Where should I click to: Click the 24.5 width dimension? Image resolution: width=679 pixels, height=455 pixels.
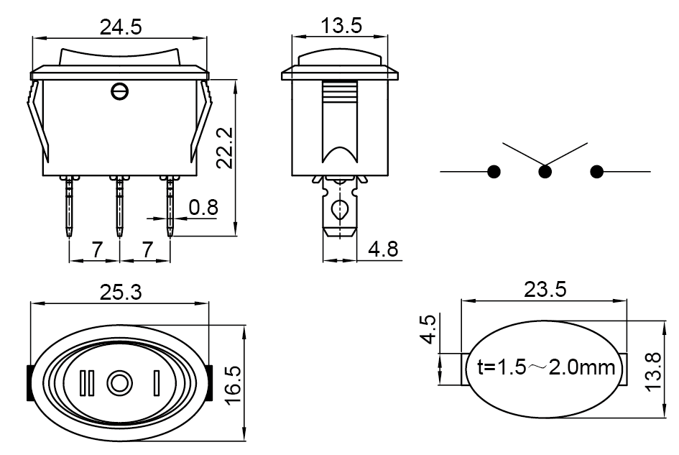pyautogui.click(x=121, y=27)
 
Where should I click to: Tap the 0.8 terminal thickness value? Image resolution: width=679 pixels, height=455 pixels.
pyautogui.click(x=203, y=208)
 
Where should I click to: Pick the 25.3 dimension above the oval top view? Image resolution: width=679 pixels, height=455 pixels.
pyautogui.click(x=121, y=293)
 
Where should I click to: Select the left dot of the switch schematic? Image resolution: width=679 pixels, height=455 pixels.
pyautogui.click(x=494, y=172)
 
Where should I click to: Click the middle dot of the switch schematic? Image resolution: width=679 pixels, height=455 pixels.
pyautogui.click(x=545, y=172)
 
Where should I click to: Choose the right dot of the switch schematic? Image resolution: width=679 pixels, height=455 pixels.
pyautogui.click(x=596, y=172)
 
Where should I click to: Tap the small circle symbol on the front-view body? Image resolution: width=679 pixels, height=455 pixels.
pyautogui.click(x=120, y=91)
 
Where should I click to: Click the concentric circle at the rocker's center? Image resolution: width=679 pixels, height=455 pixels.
pyautogui.click(x=119, y=382)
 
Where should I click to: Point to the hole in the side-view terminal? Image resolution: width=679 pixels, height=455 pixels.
pyautogui.click(x=338, y=211)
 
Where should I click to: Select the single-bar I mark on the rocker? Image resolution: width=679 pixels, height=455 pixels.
pyautogui.click(x=155, y=382)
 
